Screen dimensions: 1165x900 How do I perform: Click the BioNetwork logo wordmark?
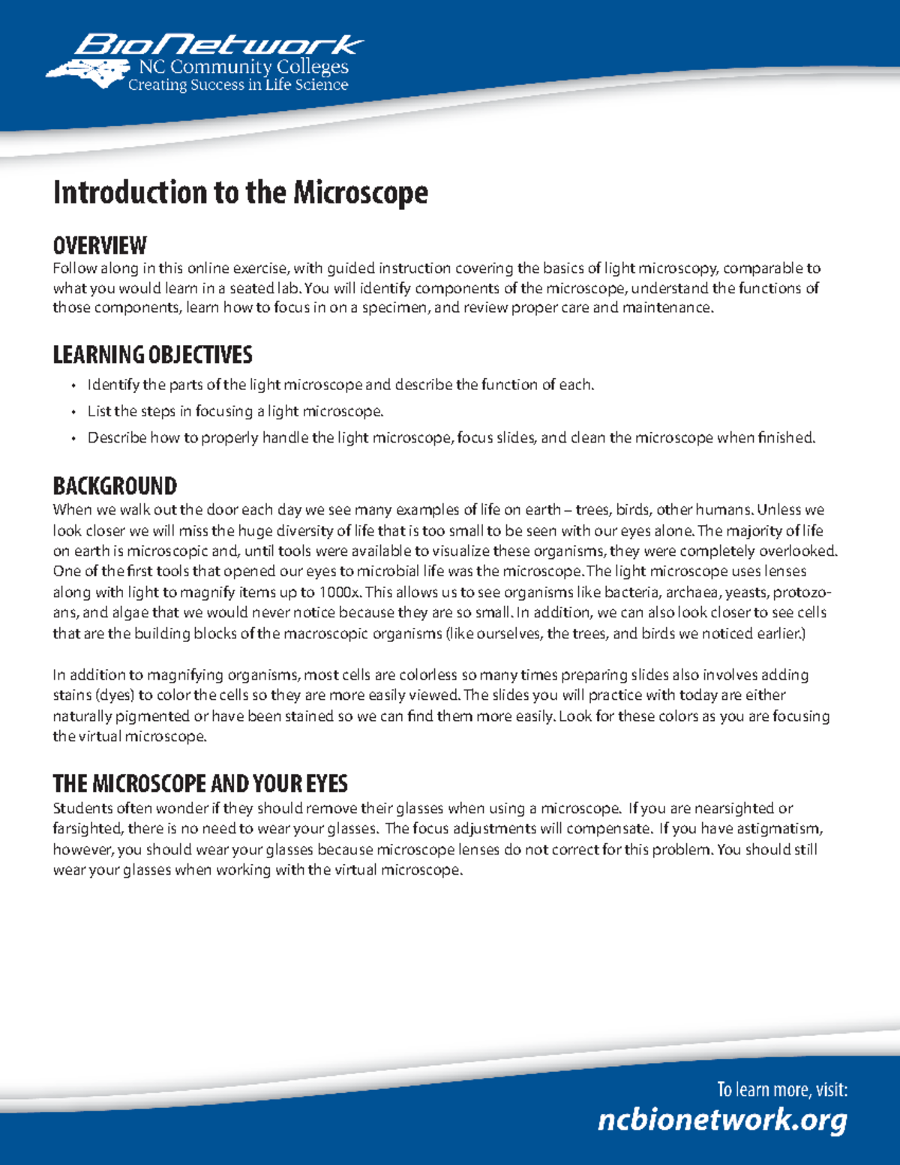point(217,45)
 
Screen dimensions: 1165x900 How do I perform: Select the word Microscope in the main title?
point(360,193)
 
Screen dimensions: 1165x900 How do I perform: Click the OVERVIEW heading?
point(100,245)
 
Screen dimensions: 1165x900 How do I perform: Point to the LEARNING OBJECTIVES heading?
point(152,355)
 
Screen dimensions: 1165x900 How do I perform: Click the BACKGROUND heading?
point(115,486)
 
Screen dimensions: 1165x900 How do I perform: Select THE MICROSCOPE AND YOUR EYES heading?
point(200,784)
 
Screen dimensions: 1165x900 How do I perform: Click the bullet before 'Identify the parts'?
point(73,386)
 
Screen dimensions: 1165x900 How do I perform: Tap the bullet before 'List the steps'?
point(73,412)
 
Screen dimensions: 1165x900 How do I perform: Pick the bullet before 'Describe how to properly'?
point(73,438)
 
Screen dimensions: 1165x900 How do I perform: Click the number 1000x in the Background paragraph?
point(339,592)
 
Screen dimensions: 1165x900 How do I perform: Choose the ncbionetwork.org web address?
point(722,1120)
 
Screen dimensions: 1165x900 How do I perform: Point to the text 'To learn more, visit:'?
point(781,1089)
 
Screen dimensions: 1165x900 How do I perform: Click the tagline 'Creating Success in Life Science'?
point(238,86)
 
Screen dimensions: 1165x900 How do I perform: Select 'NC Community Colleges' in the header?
point(244,67)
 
